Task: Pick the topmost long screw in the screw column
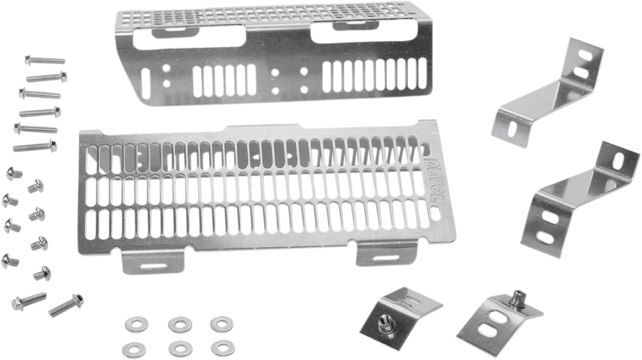tap(34, 60)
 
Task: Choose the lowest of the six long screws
tap(35, 145)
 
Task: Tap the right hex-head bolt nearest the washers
tap(66, 306)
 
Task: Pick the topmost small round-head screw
tap(13, 173)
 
